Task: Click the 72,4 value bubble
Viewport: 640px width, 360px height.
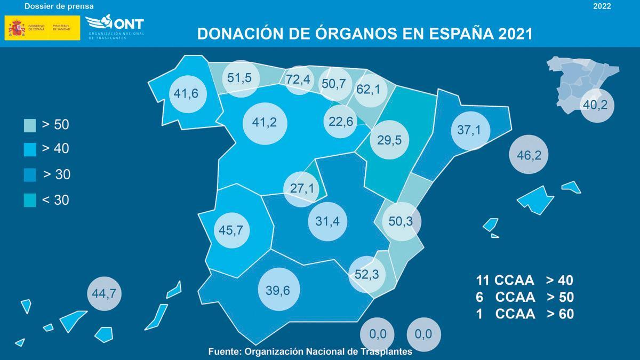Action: pyautogui.click(x=299, y=79)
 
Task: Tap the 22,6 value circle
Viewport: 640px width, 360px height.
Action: pyautogui.click(x=341, y=122)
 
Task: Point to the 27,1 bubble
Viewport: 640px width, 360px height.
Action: pyautogui.click(x=301, y=189)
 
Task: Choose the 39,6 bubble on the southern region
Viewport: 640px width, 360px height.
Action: pyautogui.click(x=278, y=289)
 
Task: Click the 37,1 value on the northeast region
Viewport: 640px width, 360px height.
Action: pyautogui.click(x=470, y=131)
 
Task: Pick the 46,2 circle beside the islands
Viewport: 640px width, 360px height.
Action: pyautogui.click(x=529, y=155)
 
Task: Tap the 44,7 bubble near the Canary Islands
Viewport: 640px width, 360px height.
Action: pyautogui.click(x=105, y=293)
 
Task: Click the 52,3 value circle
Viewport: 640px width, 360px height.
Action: pyautogui.click(x=367, y=275)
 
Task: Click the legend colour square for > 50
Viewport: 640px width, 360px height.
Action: pyautogui.click(x=30, y=125)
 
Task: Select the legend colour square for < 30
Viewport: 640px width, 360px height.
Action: pyautogui.click(x=30, y=200)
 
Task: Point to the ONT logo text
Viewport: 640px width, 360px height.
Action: pyautogui.click(x=129, y=25)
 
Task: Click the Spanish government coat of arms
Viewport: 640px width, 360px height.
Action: pyautogui.click(x=17, y=28)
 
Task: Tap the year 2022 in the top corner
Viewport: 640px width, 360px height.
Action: pyautogui.click(x=602, y=6)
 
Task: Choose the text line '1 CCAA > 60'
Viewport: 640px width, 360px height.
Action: pyautogui.click(x=525, y=314)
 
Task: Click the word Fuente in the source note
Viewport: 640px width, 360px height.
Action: pyautogui.click(x=225, y=351)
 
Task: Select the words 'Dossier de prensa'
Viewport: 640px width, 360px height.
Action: pyautogui.click(x=59, y=6)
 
